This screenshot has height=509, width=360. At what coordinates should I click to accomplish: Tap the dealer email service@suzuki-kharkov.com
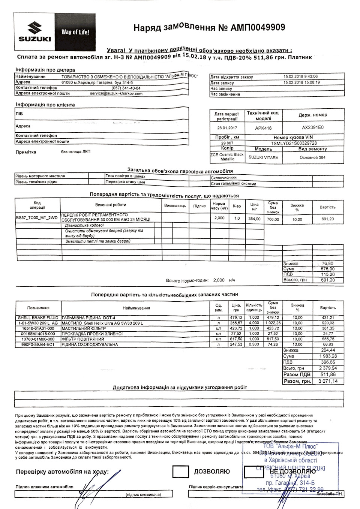(116, 94)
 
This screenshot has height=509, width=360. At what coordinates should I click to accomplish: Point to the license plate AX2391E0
(312, 127)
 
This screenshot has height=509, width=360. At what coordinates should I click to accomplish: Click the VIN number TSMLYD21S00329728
(294, 143)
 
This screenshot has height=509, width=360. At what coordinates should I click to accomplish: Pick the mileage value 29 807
(227, 143)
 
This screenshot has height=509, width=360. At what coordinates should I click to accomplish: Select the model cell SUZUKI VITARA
(263, 157)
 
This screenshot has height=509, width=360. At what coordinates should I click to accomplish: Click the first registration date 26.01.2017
(227, 127)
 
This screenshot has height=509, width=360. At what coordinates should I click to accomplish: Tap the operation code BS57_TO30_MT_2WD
(37, 217)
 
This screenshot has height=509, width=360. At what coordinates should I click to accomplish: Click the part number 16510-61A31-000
(38, 328)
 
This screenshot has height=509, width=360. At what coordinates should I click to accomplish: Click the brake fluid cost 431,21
(328, 318)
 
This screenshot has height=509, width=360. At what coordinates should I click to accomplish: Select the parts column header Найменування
(136, 308)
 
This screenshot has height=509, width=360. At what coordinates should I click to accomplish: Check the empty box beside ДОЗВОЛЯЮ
(180, 472)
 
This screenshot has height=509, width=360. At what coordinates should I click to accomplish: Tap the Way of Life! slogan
(75, 32)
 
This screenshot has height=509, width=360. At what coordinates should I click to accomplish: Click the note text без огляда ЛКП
(76, 152)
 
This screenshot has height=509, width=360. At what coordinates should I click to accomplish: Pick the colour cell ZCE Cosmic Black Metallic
(227, 157)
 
